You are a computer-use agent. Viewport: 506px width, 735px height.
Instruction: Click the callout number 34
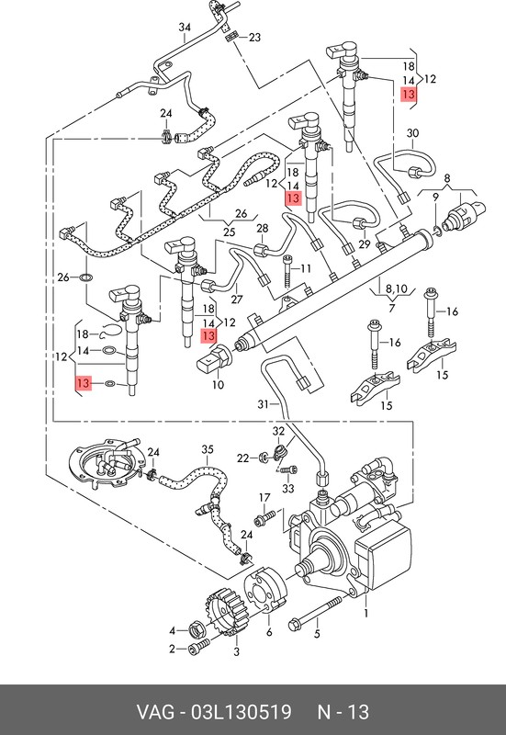186,28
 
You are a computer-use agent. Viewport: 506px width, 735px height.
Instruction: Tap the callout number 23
254,37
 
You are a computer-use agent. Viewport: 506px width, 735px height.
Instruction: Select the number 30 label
412,133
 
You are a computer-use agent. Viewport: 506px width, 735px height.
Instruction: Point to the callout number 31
264,403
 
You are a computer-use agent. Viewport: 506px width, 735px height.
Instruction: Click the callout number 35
208,449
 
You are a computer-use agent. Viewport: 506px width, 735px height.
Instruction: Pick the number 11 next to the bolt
306,268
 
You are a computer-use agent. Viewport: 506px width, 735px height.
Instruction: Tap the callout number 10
218,384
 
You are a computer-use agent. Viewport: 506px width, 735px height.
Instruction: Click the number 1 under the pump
365,613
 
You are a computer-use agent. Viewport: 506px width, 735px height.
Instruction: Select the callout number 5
317,634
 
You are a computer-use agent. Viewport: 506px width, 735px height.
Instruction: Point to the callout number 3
237,651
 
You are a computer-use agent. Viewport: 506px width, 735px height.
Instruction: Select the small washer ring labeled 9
436,229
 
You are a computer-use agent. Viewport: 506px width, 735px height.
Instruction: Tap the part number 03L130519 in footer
241,712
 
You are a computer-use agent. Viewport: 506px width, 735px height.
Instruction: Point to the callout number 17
264,497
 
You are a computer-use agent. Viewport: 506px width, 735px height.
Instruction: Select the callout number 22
242,458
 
